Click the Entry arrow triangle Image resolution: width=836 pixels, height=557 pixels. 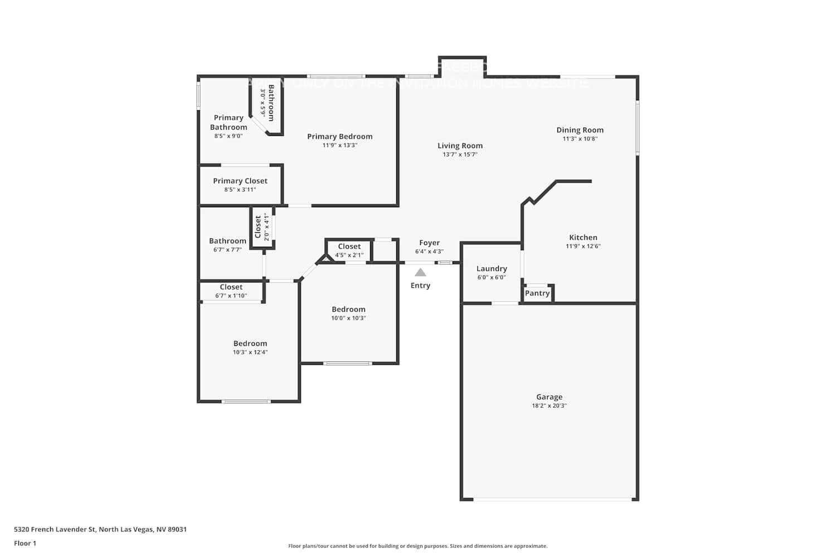[420, 272]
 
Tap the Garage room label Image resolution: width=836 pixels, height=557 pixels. [549, 397]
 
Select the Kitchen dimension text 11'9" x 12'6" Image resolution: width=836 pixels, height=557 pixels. [583, 246]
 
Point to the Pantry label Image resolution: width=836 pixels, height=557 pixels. [537, 294]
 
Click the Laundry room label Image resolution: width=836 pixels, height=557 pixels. [492, 268]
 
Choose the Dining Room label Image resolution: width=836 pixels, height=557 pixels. [580, 130]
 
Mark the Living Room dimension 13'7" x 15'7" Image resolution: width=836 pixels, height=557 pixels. [460, 154]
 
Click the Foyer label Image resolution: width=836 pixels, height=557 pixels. [429, 243]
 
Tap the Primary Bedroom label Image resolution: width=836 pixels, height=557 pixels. [339, 136]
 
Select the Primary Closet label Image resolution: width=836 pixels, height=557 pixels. [240, 181]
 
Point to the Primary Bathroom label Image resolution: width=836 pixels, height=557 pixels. [229, 123]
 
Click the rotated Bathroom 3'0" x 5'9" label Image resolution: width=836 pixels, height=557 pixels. [267, 102]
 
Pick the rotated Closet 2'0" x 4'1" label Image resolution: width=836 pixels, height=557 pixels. [262, 227]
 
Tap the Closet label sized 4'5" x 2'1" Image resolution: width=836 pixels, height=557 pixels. [349, 246]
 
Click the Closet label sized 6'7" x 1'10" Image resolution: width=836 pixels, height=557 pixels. [231, 287]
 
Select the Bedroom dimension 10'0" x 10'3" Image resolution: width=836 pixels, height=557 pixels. [348, 319]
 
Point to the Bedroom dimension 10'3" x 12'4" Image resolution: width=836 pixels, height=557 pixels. [250, 353]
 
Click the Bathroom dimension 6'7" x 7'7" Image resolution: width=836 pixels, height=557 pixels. [227, 250]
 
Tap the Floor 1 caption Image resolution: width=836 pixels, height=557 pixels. [25, 544]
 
